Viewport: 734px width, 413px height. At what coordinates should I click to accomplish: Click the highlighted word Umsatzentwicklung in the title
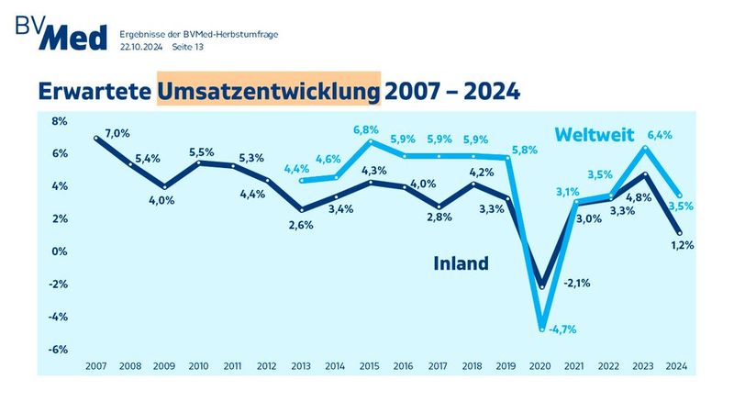269,91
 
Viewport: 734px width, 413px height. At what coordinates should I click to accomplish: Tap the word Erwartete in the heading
94,91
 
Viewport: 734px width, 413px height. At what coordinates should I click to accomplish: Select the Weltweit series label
595,136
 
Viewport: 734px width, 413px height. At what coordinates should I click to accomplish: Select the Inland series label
461,263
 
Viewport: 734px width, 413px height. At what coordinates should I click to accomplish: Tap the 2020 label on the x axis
541,365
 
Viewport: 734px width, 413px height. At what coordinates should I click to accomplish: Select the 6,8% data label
367,129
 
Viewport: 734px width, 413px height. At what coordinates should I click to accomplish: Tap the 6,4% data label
659,135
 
